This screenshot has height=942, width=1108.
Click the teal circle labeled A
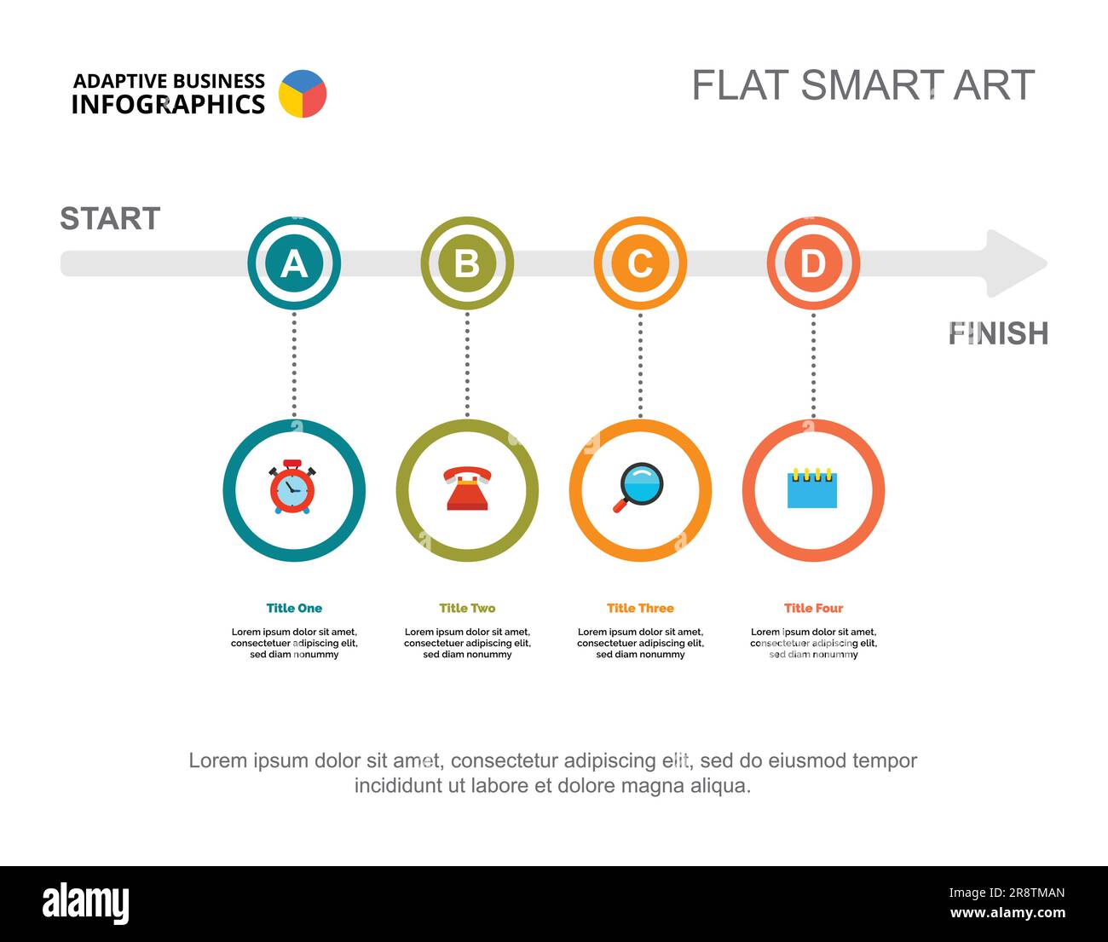pos(294,263)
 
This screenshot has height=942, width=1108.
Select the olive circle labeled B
pos(467,263)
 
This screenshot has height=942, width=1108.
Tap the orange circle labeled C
pos(640,263)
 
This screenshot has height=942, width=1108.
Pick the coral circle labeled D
pos(813,263)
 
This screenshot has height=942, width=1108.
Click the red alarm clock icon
pos(292,487)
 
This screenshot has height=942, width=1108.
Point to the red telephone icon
pos(467,488)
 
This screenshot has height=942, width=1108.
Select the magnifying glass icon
pos(638,487)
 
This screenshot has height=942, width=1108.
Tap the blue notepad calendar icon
pos(811,488)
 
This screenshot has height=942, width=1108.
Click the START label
pos(110,219)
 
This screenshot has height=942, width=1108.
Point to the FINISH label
pos(998,333)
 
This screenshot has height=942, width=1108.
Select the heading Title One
pos(294,608)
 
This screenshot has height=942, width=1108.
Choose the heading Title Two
pos(467,608)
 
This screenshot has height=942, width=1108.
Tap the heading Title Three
pos(640,608)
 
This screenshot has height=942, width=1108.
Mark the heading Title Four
pos(813,608)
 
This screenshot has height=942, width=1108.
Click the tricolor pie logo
pos(303,94)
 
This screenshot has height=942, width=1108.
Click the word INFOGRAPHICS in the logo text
pos(168,105)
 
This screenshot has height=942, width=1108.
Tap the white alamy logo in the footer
pos(86,903)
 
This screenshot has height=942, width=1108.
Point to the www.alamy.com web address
pos(1007,912)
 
